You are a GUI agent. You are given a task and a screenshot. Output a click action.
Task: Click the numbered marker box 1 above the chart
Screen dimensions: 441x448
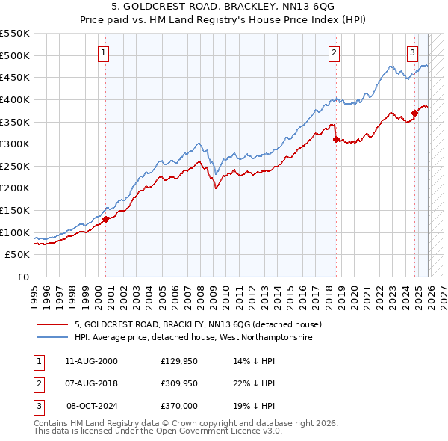[103, 52]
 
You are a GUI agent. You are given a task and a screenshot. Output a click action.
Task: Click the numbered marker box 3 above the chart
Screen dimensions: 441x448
[412, 52]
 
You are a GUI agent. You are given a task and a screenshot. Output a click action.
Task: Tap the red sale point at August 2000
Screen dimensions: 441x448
[106, 219]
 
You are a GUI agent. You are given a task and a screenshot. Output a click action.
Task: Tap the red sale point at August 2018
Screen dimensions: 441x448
[336, 139]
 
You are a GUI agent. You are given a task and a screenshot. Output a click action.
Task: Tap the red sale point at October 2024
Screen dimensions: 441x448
[414, 113]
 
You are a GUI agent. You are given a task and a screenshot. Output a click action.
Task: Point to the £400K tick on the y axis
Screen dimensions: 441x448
[15, 99]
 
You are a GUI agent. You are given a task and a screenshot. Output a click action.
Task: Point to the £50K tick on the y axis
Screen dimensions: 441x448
[18, 255]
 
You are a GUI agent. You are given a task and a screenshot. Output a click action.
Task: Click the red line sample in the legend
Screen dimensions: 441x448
[53, 324]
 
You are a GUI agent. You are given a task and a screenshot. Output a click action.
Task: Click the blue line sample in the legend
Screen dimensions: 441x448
[53, 338]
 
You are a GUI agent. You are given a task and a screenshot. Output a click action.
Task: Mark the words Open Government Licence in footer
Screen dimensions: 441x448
[217, 431]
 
